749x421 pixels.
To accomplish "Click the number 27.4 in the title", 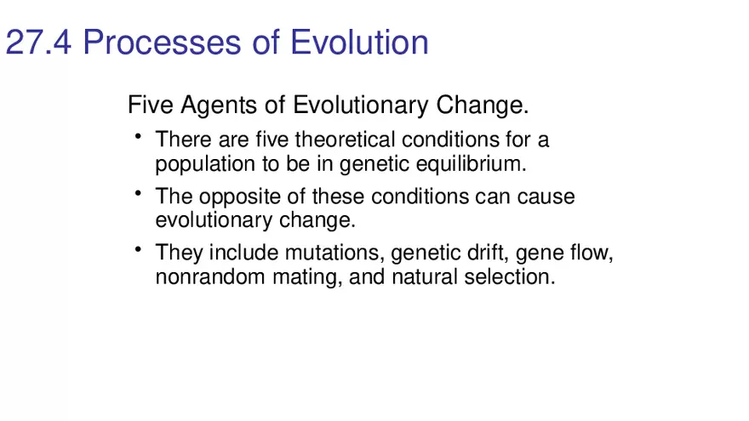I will click(x=39, y=42).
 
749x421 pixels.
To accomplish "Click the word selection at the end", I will click(x=509, y=277).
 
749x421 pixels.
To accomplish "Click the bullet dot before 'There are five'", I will click(x=137, y=136).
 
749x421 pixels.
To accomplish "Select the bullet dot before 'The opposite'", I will click(x=137, y=194).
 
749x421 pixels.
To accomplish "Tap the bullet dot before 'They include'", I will click(x=137, y=250).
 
